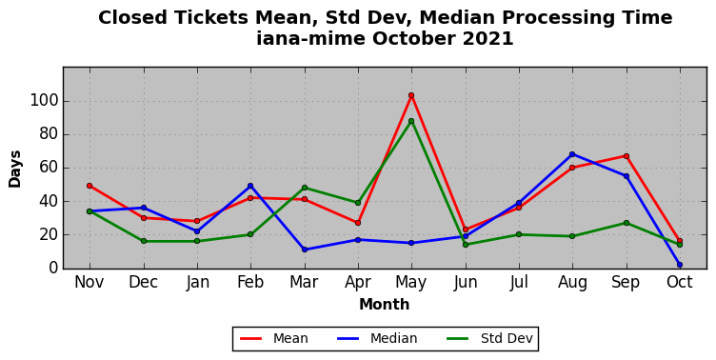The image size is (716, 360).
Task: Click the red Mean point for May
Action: (x=411, y=95)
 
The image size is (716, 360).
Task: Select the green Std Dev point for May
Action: (x=411, y=121)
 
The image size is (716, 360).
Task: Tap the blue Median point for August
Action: (x=572, y=154)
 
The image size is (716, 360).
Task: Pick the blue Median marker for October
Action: (x=680, y=265)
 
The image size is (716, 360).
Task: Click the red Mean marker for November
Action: (x=89, y=186)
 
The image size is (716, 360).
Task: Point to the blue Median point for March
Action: (x=305, y=250)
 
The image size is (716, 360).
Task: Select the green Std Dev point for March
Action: (x=305, y=188)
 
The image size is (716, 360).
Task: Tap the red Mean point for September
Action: (x=626, y=156)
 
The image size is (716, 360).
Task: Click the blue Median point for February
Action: (x=250, y=186)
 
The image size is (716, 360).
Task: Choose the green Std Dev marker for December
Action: (x=144, y=241)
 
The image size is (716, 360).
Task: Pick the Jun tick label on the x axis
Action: (x=466, y=282)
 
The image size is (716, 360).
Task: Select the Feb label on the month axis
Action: (x=250, y=282)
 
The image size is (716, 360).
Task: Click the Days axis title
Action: (x=14, y=169)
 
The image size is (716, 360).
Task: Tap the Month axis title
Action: (x=384, y=304)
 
